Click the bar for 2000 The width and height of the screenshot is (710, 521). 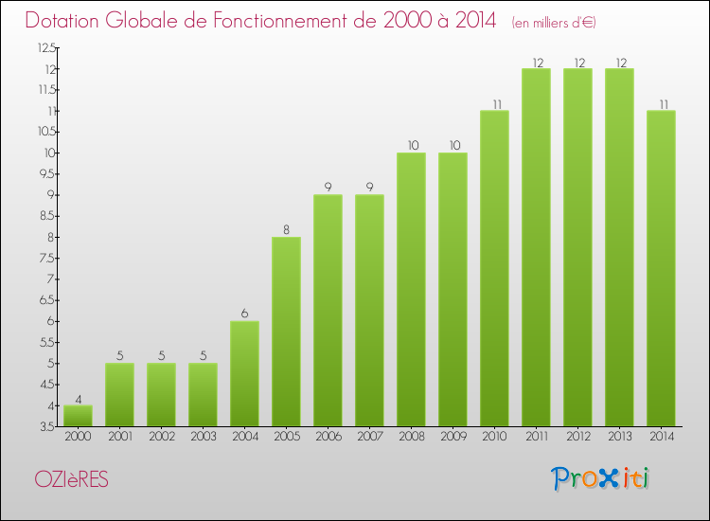click(78, 416)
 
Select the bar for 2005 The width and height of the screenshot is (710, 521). click(286, 332)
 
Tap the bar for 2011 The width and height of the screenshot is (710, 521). click(536, 247)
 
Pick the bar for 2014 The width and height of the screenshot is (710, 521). click(661, 268)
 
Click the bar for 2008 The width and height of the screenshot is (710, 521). click(411, 289)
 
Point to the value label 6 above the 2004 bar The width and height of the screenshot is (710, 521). click(244, 313)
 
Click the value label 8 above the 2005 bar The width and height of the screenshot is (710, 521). click(286, 228)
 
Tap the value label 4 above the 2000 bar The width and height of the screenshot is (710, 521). click(78, 397)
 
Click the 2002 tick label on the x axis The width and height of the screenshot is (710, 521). click(161, 437)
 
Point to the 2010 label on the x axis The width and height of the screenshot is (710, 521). click(494, 437)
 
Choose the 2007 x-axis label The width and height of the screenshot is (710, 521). click(369, 437)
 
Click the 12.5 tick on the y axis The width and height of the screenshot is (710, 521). click(46, 47)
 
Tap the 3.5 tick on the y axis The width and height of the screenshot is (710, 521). click(46, 426)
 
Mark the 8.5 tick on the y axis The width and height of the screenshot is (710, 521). click(46, 216)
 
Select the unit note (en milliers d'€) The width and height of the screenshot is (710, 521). click(554, 22)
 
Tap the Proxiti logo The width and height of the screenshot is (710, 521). click(601, 478)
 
